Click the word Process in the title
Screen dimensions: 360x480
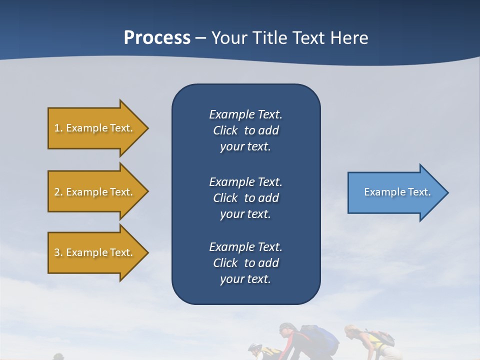pyautogui.click(x=157, y=38)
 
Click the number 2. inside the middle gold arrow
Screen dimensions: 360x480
pyautogui.click(x=58, y=192)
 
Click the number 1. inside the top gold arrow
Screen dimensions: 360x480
pyautogui.click(x=58, y=128)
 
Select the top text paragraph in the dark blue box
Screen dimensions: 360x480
pyautogui.click(x=245, y=130)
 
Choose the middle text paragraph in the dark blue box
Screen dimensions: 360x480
pyautogui.click(x=245, y=197)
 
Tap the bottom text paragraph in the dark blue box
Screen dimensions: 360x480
pyautogui.click(x=245, y=263)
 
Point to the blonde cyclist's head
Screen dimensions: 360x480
pyautogui.click(x=351, y=331)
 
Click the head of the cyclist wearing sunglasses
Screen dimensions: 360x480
pyautogui.click(x=287, y=330)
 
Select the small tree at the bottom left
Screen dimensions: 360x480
pyautogui.click(x=58, y=356)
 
